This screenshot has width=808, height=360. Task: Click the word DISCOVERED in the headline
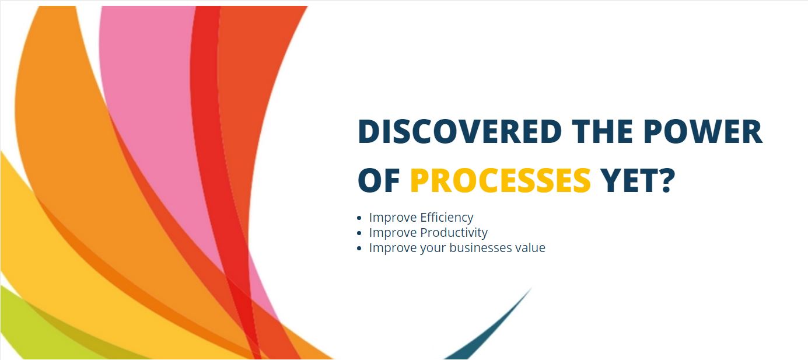tap(460, 131)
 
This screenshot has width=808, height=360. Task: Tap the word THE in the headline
tap(603, 131)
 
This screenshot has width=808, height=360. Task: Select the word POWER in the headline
tap(702, 131)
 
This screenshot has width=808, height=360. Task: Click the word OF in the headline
tap(379, 180)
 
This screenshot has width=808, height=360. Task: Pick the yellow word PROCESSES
tap(501, 180)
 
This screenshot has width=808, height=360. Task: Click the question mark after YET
tap(664, 180)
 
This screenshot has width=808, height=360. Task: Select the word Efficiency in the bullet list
tap(446, 218)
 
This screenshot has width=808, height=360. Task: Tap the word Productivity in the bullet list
tap(454, 233)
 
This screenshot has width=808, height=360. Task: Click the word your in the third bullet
tap(433, 249)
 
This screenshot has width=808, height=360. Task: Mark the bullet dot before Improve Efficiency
tap(359, 218)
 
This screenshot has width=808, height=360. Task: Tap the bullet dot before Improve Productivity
tap(359, 233)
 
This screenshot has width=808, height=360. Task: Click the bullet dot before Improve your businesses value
tap(359, 248)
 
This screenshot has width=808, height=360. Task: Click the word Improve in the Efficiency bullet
tap(393, 218)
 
